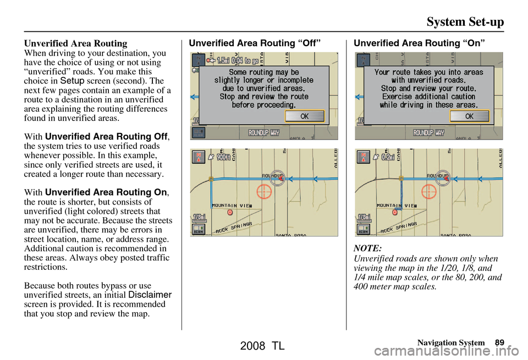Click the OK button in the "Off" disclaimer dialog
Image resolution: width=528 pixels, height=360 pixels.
(305, 116)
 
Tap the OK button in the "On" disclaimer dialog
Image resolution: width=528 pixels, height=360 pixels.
(469, 116)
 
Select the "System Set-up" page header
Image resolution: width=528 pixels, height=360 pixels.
(465, 22)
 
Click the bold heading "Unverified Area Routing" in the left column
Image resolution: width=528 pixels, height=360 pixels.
(76, 43)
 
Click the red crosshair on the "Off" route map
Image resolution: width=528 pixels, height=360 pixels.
(264, 192)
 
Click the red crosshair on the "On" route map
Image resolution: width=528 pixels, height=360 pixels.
(428, 192)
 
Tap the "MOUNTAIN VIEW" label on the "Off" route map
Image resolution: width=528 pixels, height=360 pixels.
(232, 205)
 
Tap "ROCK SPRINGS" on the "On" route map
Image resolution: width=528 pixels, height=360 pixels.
(399, 226)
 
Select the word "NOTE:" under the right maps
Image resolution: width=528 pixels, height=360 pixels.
(368, 249)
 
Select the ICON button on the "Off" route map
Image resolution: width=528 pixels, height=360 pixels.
(199, 229)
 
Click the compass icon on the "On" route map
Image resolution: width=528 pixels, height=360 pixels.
(363, 157)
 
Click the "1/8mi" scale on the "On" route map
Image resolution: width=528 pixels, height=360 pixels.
(364, 217)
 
